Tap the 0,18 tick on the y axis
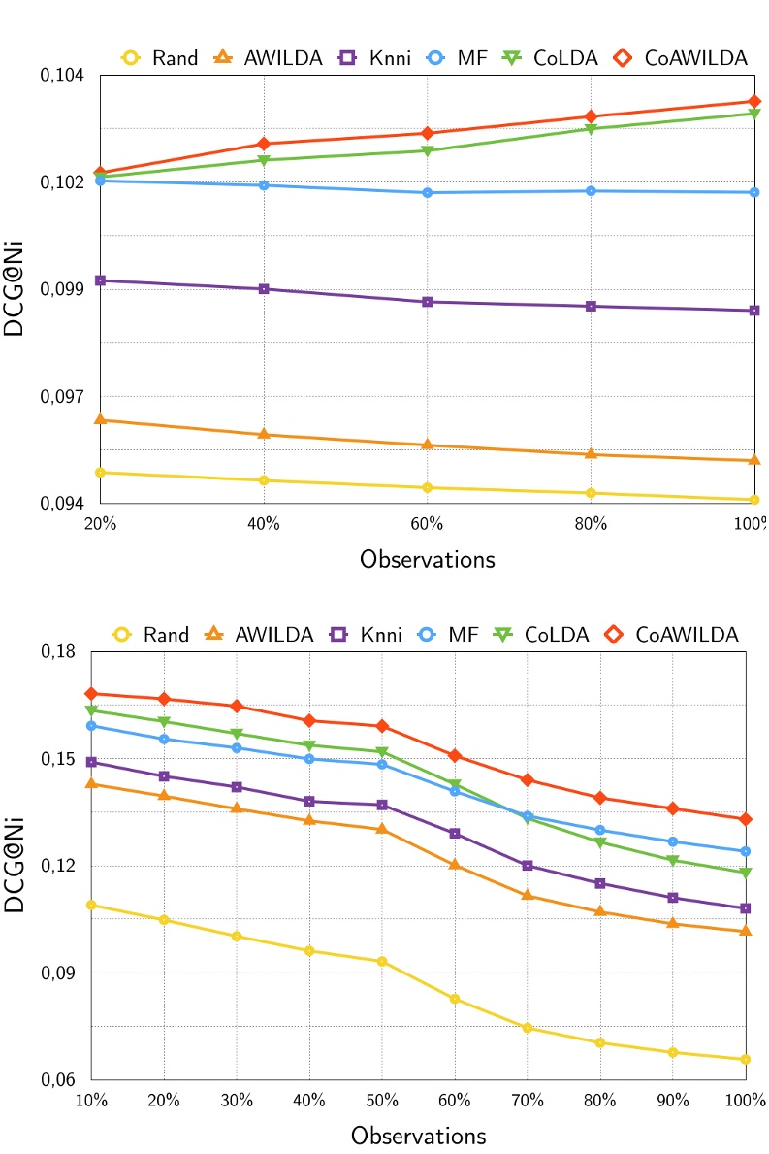tap(58, 652)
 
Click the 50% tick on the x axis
tap(382, 1101)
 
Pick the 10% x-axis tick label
tap(91, 1101)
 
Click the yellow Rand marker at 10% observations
tap(91, 905)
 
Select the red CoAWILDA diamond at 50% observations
tap(382, 726)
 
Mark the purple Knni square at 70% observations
tap(528, 866)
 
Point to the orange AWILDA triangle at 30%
tap(237, 808)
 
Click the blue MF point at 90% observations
tap(673, 841)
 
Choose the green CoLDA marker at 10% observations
tap(91, 710)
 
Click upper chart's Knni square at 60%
tap(427, 302)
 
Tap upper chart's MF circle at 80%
tap(591, 191)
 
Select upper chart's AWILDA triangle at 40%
tap(264, 434)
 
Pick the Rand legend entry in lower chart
tap(151, 635)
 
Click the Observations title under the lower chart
tap(418, 1135)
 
